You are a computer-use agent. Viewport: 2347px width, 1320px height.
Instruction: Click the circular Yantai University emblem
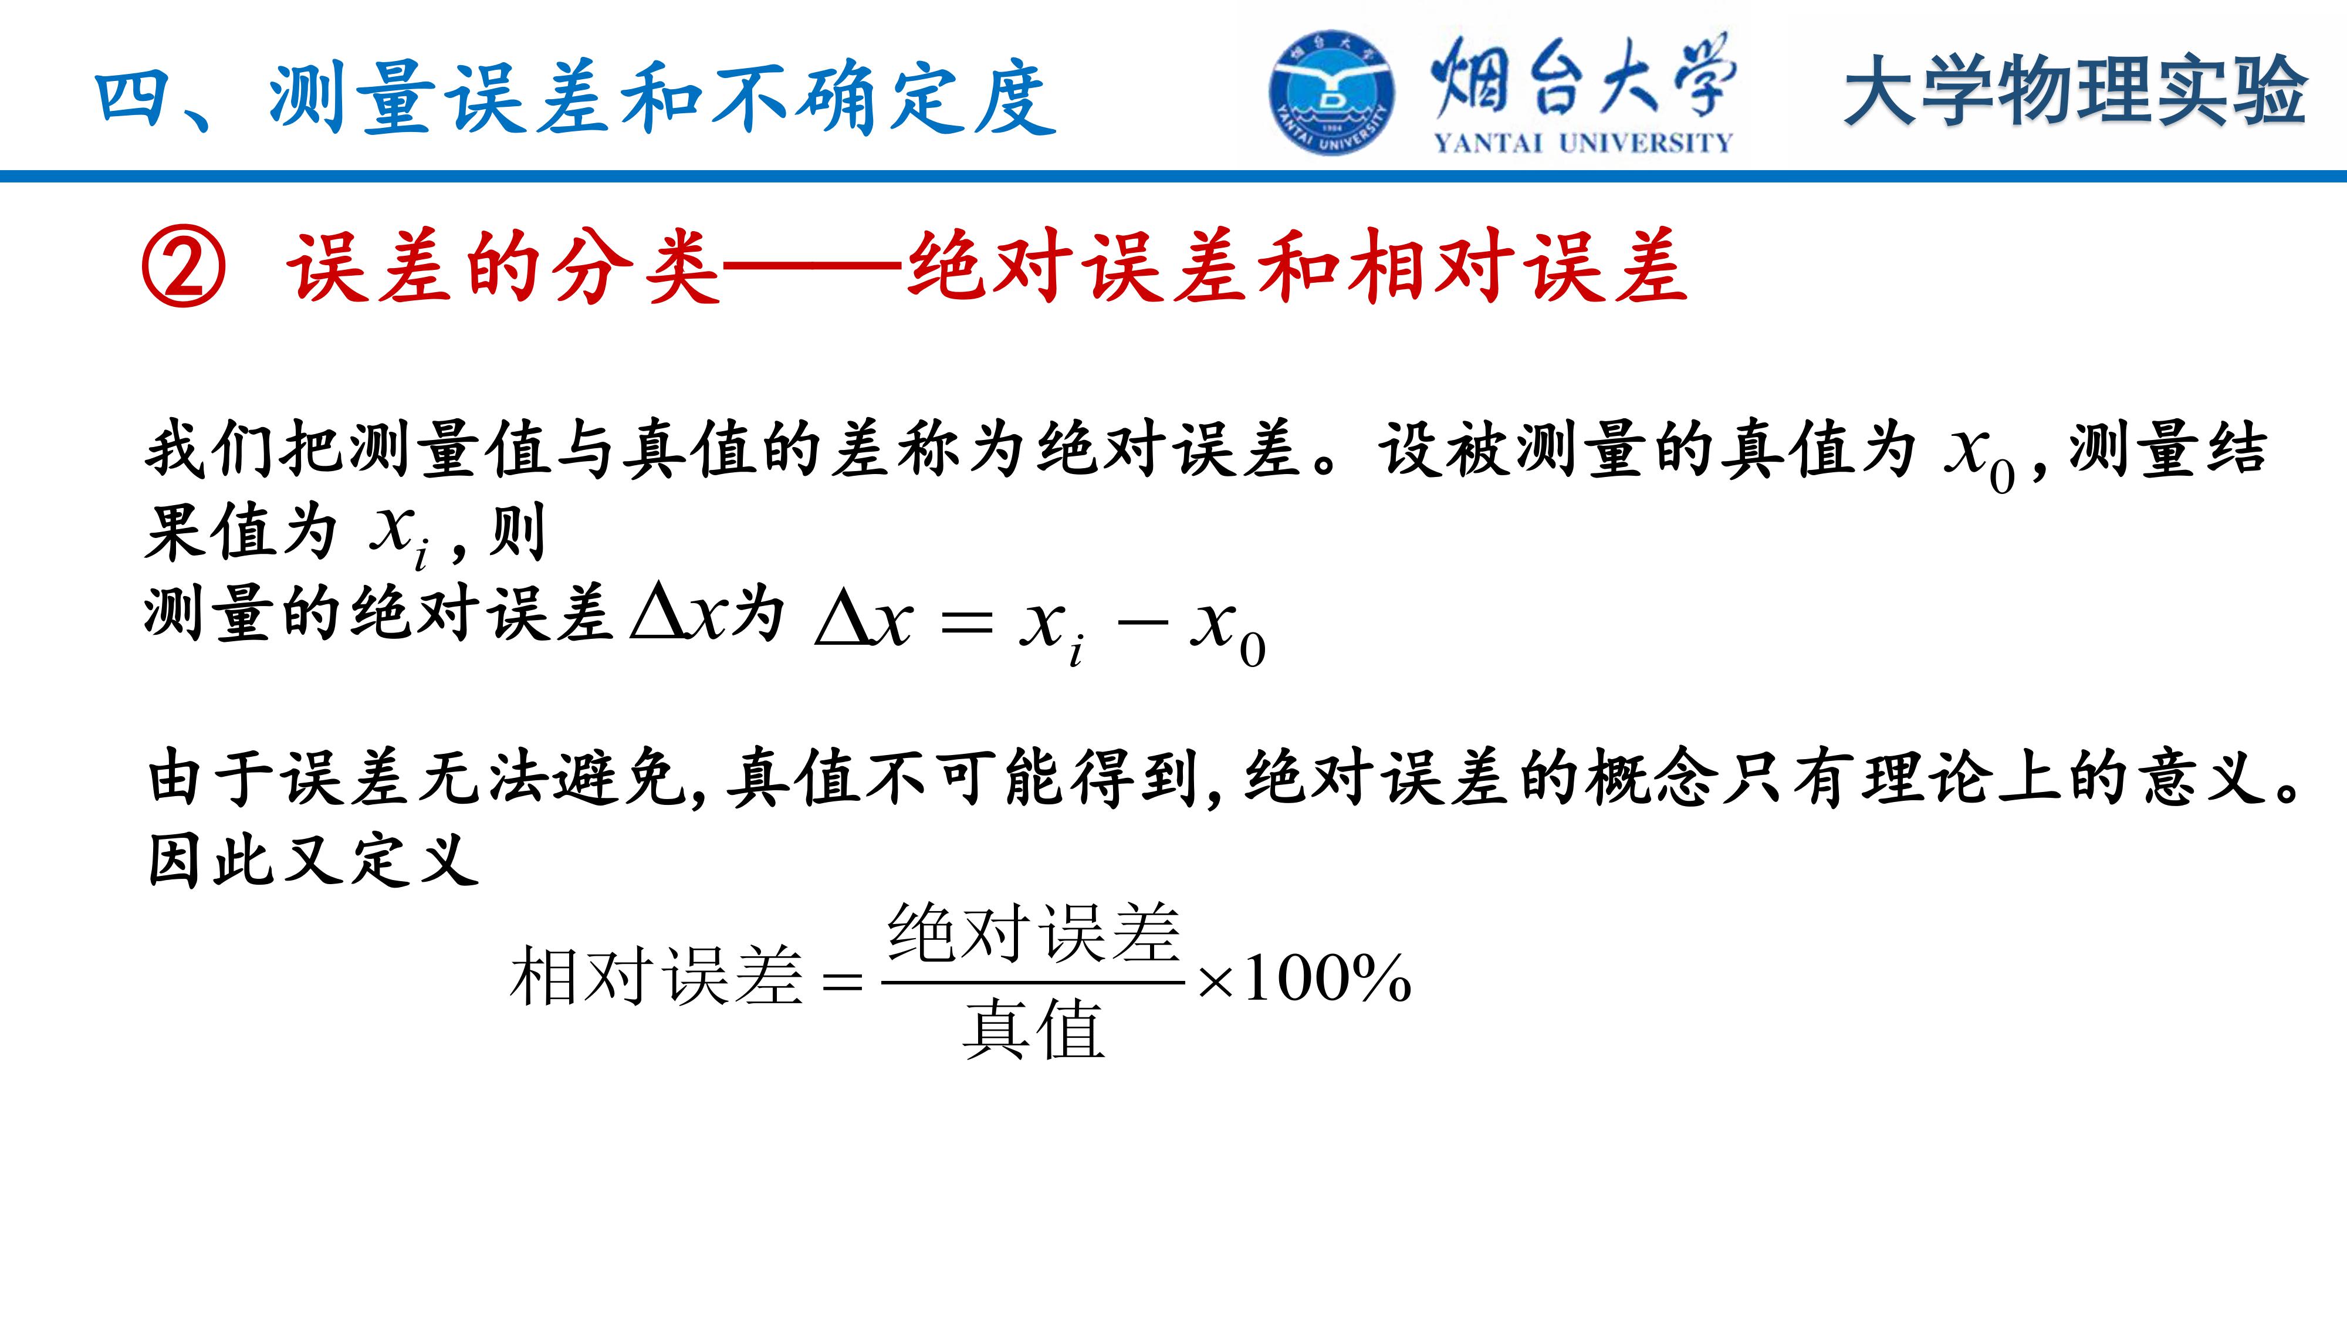1331,93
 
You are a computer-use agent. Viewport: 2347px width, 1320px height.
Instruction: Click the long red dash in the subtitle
813,268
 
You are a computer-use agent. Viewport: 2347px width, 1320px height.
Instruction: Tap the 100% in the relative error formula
1327,979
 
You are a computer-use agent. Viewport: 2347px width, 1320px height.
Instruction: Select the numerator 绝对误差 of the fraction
1034,933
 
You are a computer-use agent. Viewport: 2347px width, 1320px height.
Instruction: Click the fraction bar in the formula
1033,982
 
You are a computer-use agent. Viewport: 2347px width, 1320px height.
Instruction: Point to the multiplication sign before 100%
1215,983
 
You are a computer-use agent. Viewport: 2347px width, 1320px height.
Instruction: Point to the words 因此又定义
313,860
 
